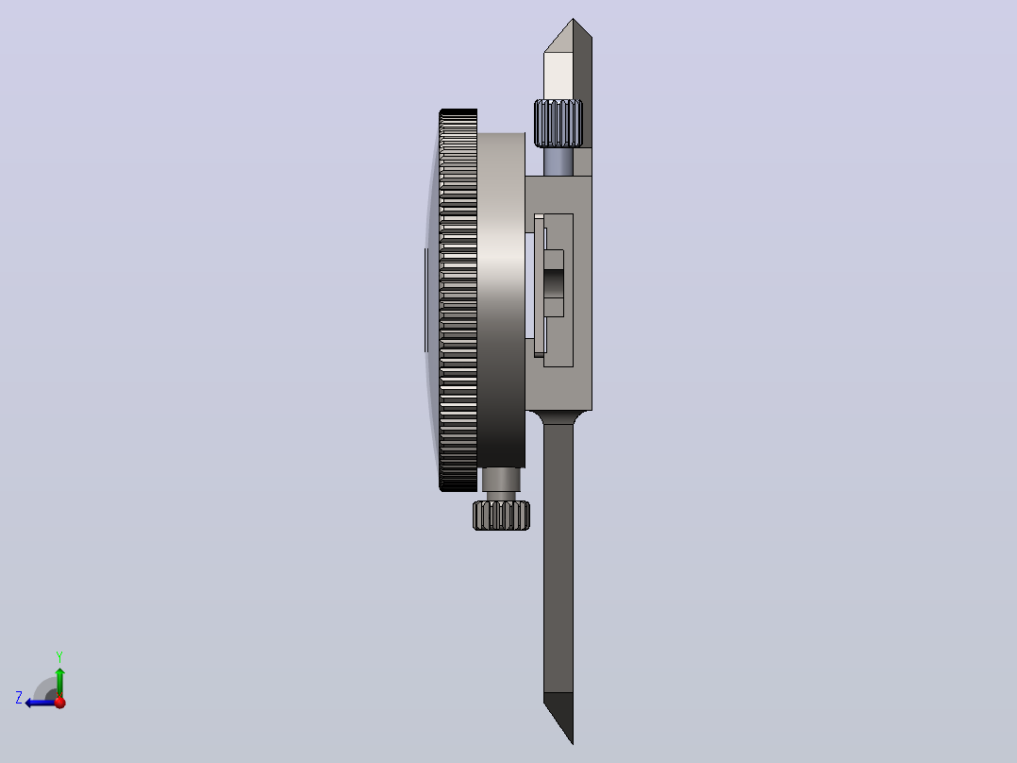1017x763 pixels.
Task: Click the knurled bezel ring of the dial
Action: [x=458, y=300]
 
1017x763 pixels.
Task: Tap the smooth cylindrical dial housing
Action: [x=501, y=300]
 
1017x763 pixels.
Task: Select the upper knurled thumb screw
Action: [x=558, y=123]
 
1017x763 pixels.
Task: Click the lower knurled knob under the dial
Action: [x=501, y=516]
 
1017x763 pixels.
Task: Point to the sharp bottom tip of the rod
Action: [x=573, y=743]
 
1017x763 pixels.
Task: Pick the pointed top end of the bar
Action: [x=573, y=19]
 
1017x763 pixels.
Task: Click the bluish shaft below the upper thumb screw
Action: [x=558, y=161]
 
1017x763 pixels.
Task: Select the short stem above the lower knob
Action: [x=501, y=483]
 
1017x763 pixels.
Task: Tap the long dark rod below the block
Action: [x=559, y=578]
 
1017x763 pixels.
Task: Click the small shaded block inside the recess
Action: [x=554, y=283]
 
